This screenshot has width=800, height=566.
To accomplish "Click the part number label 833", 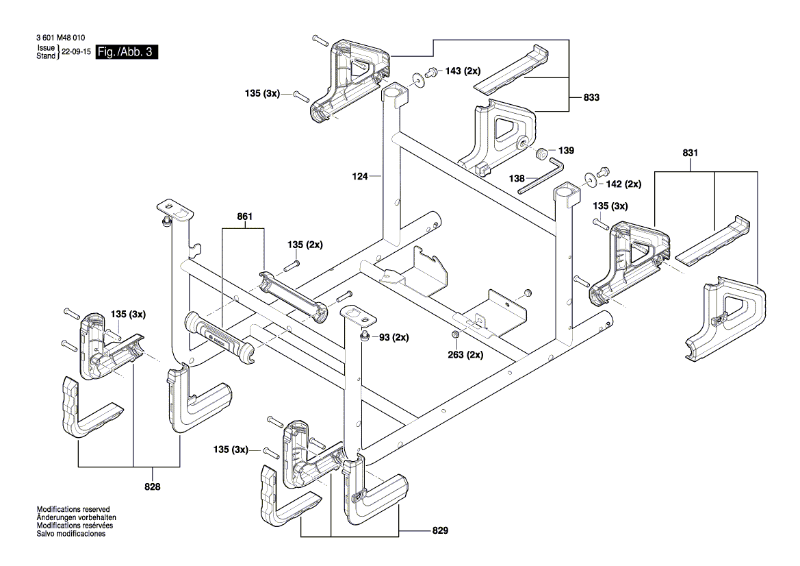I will (x=592, y=98).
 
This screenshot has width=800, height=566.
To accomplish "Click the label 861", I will (x=244, y=217).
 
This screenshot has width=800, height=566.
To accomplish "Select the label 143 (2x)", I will (x=463, y=71).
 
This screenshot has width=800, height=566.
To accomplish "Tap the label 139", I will (x=566, y=151).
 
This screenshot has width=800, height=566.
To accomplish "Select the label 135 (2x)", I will (x=305, y=245).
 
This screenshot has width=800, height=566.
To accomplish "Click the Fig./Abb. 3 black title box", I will (x=127, y=52).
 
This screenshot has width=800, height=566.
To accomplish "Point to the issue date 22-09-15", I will (x=77, y=52).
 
